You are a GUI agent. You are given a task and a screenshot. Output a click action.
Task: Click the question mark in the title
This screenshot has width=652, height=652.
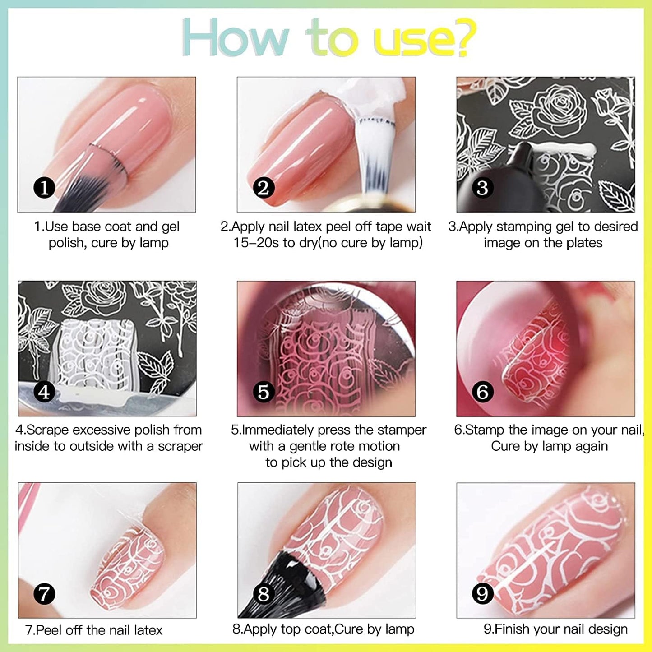click(461, 38)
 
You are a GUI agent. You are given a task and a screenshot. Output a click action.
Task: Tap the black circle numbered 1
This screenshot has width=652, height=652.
click(44, 188)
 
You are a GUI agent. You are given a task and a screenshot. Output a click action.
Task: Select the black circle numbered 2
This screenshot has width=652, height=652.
click(264, 188)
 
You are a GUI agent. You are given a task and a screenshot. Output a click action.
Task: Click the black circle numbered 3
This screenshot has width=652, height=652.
click(482, 188)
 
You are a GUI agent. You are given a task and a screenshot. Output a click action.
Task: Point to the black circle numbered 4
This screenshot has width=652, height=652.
click(44, 392)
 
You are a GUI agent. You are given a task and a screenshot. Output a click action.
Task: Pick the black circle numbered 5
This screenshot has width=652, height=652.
click(264, 392)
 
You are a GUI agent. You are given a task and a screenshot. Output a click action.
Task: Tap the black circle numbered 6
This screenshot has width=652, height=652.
click(482, 392)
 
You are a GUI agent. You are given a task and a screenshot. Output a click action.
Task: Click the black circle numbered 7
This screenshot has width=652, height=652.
click(44, 594)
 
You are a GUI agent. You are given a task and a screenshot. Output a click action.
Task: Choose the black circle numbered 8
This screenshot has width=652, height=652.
click(264, 594)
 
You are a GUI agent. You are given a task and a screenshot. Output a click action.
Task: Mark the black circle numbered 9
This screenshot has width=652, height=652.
click(482, 594)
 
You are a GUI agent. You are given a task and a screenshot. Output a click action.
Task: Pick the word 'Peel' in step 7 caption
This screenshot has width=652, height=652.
click(49, 630)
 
